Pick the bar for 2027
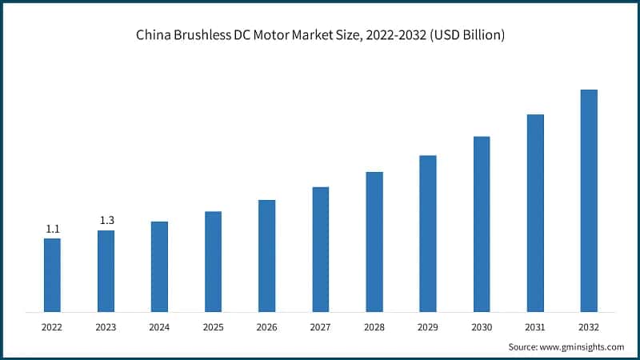pyautogui.click(x=320, y=249)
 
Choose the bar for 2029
pyautogui.click(x=428, y=233)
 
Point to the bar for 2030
pyautogui.click(x=482, y=223)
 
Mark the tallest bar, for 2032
pyautogui.click(x=589, y=200)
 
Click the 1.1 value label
pyautogui.click(x=53, y=230)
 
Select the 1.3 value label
pyautogui.click(x=106, y=220)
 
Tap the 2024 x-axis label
pyautogui.click(x=159, y=327)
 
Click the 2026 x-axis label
pyautogui.click(x=266, y=327)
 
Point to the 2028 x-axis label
pyautogui.click(x=374, y=327)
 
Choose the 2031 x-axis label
pyautogui.click(x=535, y=327)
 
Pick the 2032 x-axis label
pyautogui.click(x=589, y=327)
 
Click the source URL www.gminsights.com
pyautogui.click(x=582, y=346)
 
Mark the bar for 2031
pyautogui.click(x=535, y=213)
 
